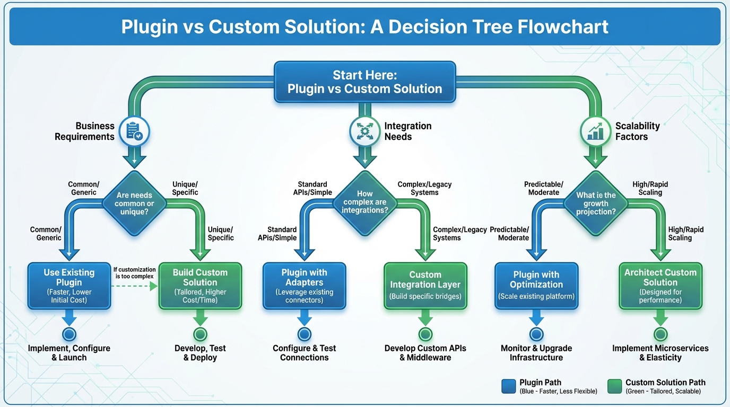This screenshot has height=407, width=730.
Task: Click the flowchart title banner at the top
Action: point(365,26)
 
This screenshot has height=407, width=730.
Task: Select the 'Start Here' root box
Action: point(365,82)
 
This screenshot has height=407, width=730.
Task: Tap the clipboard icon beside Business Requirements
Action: point(134,131)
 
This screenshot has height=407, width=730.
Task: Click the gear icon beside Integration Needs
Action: point(365,131)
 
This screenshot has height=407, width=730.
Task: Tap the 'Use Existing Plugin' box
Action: point(69,286)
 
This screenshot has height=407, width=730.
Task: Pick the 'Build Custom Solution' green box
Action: point(200,286)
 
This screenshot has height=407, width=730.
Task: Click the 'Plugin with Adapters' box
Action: point(305,286)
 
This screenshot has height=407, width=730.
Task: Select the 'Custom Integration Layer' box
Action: point(425,286)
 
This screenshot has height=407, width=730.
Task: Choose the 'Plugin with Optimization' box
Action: point(536,286)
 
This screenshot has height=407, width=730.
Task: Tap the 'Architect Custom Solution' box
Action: point(661,286)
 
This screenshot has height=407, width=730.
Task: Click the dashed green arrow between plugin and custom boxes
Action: point(135,287)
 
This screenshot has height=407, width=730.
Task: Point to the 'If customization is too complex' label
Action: point(135,273)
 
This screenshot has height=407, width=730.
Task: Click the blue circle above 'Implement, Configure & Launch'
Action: point(69,334)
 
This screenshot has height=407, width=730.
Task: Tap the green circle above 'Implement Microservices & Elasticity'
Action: point(661,334)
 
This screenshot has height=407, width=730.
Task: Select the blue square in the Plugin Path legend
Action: point(508,386)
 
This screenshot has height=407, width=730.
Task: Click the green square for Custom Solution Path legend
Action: point(614,386)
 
